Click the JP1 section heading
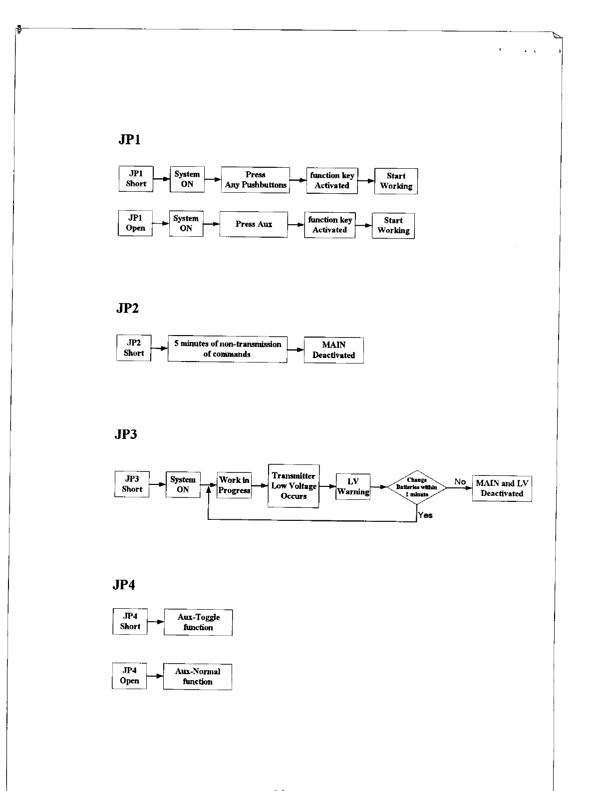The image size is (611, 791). [x=130, y=140]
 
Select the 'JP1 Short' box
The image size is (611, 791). [x=136, y=179]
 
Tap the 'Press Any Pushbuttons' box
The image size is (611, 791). [x=256, y=180]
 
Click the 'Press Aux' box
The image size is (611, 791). [x=254, y=224]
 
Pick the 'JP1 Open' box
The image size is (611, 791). [x=135, y=223]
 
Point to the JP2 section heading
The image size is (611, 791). [x=128, y=309]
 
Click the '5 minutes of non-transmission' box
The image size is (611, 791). [x=228, y=349]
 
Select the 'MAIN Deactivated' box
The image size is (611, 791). [x=333, y=350]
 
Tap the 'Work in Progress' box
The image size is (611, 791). [x=234, y=485]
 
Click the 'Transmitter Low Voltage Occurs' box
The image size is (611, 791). [x=294, y=486]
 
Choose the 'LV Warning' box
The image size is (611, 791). [x=353, y=487]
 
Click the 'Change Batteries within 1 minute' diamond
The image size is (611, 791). [x=416, y=487]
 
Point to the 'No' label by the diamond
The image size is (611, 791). [x=460, y=482]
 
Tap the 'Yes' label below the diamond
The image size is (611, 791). [x=425, y=515]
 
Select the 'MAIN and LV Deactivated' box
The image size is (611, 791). [x=502, y=488]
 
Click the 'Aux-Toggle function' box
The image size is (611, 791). [x=198, y=622]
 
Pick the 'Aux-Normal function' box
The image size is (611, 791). [x=198, y=677]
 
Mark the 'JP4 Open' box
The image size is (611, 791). [x=129, y=676]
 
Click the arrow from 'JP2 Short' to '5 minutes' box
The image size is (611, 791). [x=159, y=349]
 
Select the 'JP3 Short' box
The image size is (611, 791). [x=132, y=484]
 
